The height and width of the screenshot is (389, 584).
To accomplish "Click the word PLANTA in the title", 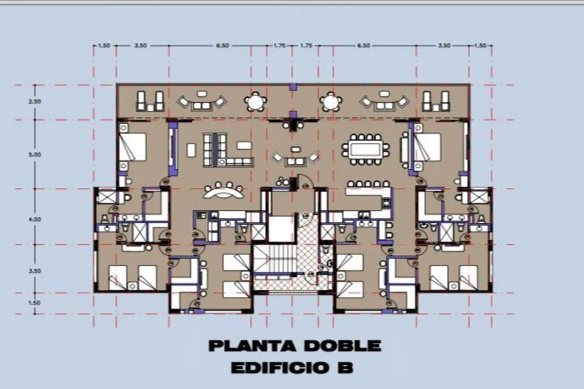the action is click(253, 346).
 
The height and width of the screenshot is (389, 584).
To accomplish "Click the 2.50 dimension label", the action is click(35, 102).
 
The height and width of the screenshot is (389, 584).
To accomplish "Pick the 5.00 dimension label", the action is click(35, 155).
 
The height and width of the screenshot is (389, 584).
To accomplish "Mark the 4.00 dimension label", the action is click(35, 219).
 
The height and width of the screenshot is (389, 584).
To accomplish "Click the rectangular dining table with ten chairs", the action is click(366, 150).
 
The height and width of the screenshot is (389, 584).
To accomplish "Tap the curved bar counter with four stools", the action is click(224, 191).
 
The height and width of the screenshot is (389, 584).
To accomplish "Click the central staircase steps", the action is click(274, 259).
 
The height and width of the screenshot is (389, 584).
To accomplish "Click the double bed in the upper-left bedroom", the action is click(132, 147).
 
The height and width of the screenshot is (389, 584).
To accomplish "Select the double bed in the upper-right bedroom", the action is click(427, 147).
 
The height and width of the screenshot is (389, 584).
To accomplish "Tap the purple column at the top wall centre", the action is click(293, 87).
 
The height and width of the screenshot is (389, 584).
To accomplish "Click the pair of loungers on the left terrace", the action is click(150, 101).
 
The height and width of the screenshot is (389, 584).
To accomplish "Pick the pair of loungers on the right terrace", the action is click(436, 101).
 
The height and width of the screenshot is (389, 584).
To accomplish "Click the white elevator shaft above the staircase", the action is click(282, 230).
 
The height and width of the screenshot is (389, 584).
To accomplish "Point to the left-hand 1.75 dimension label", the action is click(279, 46).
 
